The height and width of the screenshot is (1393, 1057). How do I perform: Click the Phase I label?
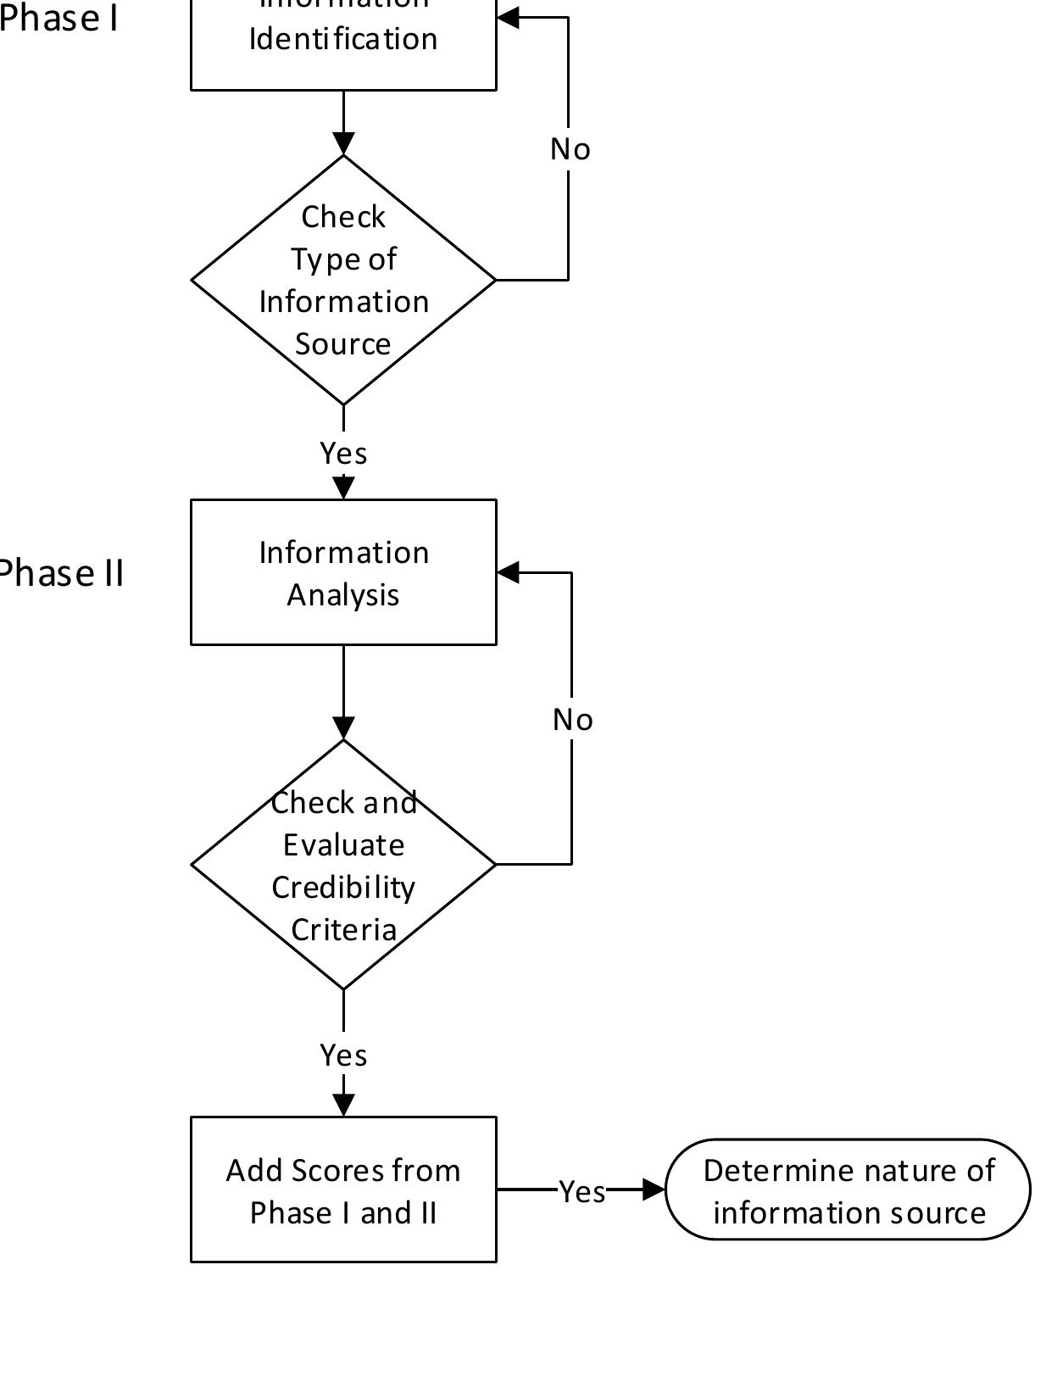[x=58, y=19]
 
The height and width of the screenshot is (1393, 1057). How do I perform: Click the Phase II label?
[x=61, y=574]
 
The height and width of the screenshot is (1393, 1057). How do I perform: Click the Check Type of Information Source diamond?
[x=343, y=280]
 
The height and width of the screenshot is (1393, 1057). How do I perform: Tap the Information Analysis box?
[x=343, y=572]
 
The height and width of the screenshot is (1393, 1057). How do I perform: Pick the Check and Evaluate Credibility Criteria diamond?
[x=343, y=865]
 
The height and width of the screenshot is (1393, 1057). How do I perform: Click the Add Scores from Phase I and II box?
[x=343, y=1190]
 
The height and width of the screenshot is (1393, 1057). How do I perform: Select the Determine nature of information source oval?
[x=848, y=1190]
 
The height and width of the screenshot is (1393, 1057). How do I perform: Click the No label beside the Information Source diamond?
[x=570, y=149]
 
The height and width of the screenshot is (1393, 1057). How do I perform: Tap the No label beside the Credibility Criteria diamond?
[x=572, y=720]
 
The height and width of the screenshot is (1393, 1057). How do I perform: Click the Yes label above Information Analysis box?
[x=343, y=454]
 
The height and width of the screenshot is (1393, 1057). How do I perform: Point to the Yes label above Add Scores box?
[x=343, y=1056]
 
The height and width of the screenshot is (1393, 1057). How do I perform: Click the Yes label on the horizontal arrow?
[x=582, y=1192]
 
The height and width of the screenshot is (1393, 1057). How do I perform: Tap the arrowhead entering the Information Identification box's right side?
[x=508, y=18]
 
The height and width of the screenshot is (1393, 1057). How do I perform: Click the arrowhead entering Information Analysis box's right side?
[x=508, y=572]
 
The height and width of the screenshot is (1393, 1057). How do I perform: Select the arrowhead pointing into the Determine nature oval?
[x=654, y=1190]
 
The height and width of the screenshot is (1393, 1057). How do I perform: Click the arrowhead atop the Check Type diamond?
[x=343, y=143]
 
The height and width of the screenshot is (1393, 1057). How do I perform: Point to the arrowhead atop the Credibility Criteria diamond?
[x=343, y=727]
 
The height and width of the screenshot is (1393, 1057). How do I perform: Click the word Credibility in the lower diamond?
[x=343, y=888]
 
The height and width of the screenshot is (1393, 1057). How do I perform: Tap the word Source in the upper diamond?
[x=343, y=344]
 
